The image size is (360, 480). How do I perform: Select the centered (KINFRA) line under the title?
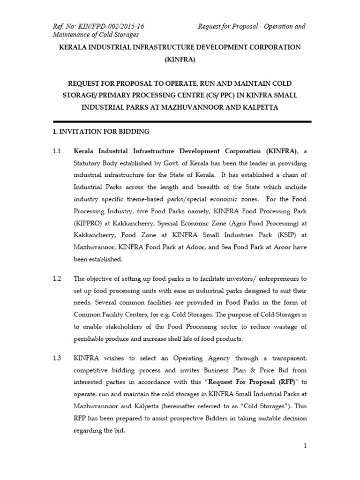pyautogui.click(x=180, y=60)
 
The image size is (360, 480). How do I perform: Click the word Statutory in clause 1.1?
pyautogui.click(x=89, y=164)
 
